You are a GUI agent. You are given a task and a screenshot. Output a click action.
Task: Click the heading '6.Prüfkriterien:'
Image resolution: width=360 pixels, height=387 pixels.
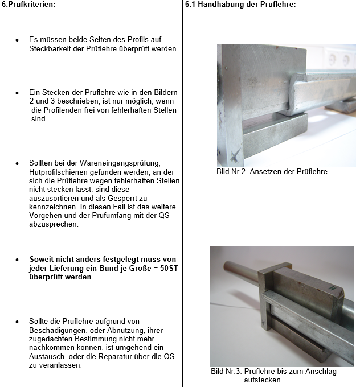(28, 4)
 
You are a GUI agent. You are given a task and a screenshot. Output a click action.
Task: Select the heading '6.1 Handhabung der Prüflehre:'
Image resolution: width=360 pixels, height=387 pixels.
(240, 4)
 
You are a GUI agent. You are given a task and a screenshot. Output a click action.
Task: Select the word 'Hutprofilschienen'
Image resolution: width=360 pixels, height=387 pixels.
(58, 172)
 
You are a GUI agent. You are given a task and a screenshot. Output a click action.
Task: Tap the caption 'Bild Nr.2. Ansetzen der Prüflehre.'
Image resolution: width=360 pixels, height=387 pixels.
(272, 171)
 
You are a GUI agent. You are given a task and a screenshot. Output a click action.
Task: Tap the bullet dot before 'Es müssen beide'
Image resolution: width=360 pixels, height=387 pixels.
(17, 41)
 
